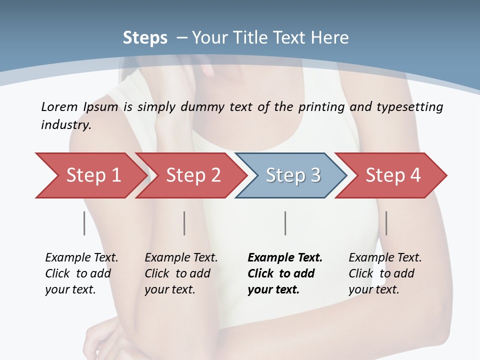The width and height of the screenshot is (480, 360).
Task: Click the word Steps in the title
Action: (x=145, y=38)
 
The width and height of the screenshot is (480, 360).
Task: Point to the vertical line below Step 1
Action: (x=84, y=223)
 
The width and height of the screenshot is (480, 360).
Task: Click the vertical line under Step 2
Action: (x=184, y=223)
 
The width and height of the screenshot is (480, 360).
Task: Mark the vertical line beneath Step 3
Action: (x=285, y=223)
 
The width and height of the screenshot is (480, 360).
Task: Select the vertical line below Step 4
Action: (x=386, y=223)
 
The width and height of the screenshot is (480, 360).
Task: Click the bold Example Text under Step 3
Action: (x=284, y=273)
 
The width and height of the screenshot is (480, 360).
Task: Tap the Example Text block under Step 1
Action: (x=81, y=273)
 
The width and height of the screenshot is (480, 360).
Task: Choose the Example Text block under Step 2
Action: (x=180, y=273)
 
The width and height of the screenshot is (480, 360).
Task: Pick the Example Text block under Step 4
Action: (x=384, y=273)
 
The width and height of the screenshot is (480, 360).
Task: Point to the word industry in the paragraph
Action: (x=66, y=125)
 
